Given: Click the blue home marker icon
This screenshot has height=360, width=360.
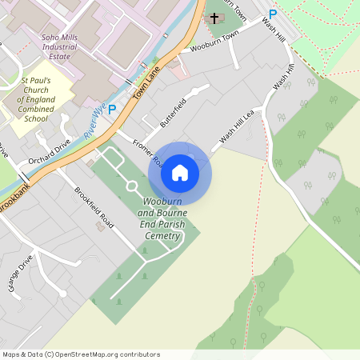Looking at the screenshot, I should point(180,172).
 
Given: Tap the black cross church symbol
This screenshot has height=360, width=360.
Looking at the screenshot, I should point(214,16).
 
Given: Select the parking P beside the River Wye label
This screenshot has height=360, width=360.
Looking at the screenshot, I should point(112,109).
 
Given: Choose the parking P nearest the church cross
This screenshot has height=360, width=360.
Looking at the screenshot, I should point(273,13).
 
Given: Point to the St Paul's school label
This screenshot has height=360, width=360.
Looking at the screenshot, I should point(36,99).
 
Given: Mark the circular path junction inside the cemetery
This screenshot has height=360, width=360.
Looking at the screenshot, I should point(131,186).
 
